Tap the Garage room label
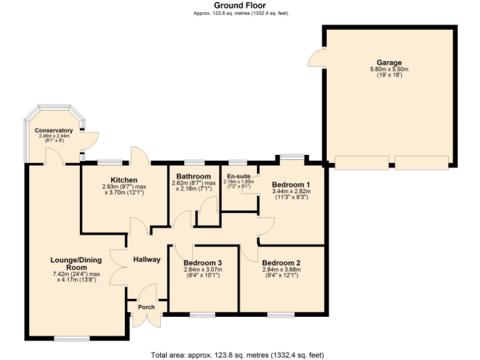389,62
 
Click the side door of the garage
316,57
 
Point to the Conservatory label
54,131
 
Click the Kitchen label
124,179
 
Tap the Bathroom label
193,176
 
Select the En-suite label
239,176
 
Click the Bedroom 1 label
291,184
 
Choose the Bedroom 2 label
281,262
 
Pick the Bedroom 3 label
202,262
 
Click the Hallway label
146,259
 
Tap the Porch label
146,307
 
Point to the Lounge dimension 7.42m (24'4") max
75,274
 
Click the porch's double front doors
146,320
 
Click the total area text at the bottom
237,355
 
